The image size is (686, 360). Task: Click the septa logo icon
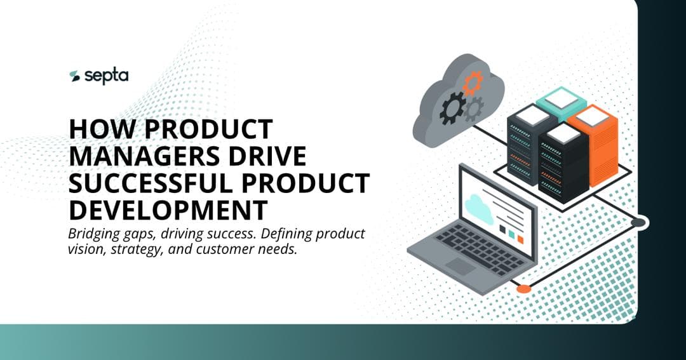(x=75, y=76)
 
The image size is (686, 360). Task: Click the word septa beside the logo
(x=107, y=76)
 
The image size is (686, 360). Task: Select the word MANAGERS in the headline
(x=137, y=156)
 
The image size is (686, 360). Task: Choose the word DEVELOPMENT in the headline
(x=166, y=210)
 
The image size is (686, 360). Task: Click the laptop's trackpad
(x=461, y=266)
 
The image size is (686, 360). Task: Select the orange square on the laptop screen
(x=521, y=239)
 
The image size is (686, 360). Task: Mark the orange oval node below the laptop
(x=523, y=289)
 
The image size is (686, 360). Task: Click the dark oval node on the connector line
(x=638, y=222)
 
